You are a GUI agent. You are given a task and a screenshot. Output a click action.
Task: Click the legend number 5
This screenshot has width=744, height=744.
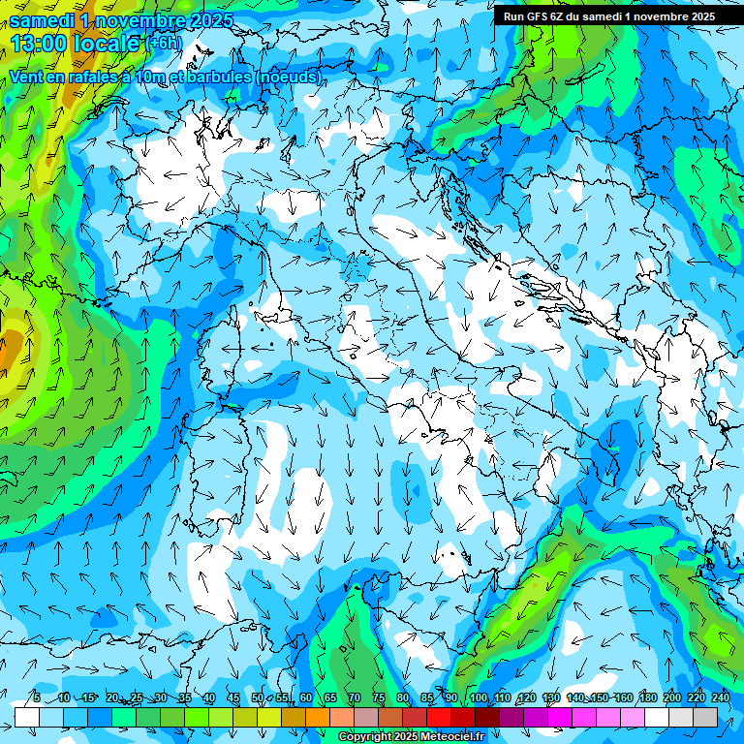(x=36, y=697)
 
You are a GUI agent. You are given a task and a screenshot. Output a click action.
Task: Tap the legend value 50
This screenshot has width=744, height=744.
(x=258, y=697)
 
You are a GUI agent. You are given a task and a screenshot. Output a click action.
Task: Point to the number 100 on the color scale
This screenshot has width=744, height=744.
(x=479, y=697)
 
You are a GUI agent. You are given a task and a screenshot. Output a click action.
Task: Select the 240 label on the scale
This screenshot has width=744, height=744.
(x=721, y=697)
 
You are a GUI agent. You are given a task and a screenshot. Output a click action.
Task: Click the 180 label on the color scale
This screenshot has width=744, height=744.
(x=648, y=697)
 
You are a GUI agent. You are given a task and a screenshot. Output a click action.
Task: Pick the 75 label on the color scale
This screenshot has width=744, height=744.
(x=379, y=697)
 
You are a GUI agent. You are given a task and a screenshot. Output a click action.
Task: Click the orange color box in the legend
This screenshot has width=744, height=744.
(x=294, y=717)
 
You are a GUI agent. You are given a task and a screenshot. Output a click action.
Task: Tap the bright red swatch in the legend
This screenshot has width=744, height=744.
(x=439, y=717)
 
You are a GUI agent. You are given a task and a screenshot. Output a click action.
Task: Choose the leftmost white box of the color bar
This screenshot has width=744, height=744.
(x=27, y=717)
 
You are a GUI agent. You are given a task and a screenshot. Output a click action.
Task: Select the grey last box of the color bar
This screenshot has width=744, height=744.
(x=705, y=717)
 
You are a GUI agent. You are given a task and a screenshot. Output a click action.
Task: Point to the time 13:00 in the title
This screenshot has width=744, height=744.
(x=40, y=43)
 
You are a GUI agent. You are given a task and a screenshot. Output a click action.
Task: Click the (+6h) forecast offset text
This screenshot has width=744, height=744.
(x=164, y=43)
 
